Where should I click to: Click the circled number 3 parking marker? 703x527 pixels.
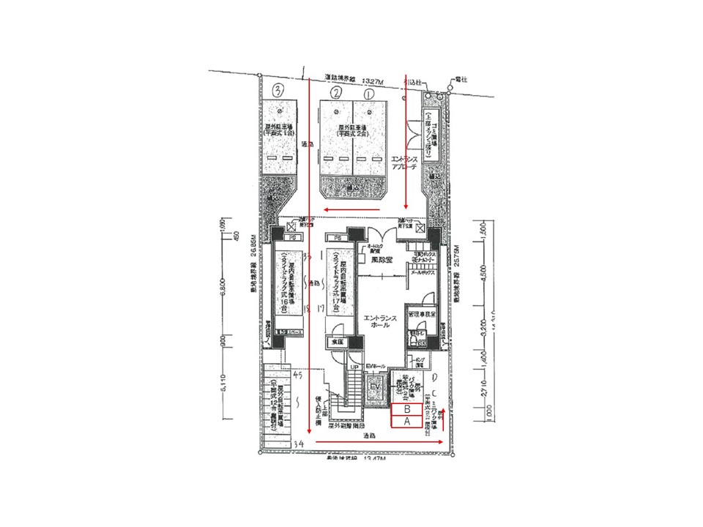[x=278, y=91]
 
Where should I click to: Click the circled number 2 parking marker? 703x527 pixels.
[x=336, y=93]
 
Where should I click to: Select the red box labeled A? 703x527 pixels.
[x=406, y=422]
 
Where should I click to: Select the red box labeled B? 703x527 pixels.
[x=406, y=410]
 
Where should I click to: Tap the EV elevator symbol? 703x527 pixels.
[x=375, y=386]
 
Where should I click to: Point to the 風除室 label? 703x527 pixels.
[x=379, y=259]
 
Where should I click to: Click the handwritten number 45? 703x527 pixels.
[x=297, y=375]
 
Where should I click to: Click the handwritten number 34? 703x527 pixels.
[x=298, y=444]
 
